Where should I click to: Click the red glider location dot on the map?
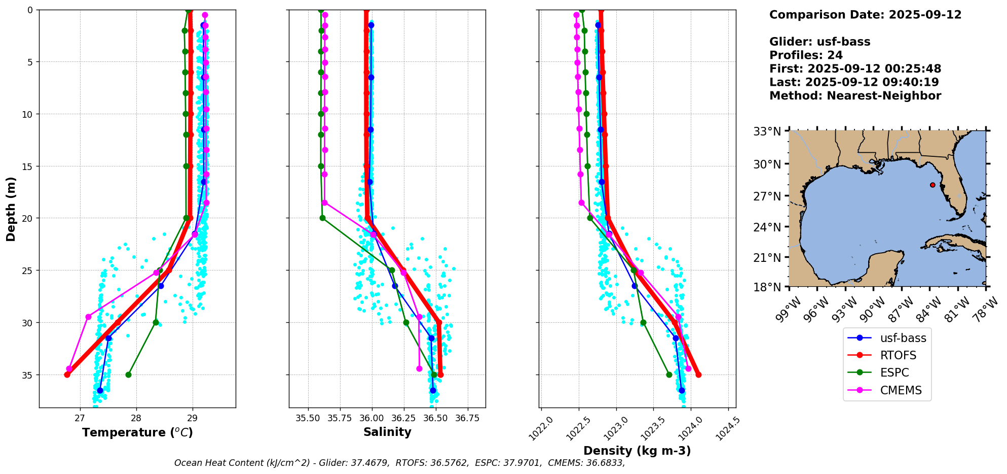pyautogui.click(x=933, y=185)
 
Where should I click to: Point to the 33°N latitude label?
pyautogui.click(x=767, y=132)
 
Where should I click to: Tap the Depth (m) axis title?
pyautogui.click(x=11, y=209)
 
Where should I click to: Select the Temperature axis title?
pyautogui.click(x=137, y=432)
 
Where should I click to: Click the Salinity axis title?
pyautogui.click(x=387, y=432)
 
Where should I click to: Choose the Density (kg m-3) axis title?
pyautogui.click(x=637, y=451)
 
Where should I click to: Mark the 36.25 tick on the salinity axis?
pyautogui.click(x=403, y=418)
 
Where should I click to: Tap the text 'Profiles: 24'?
pyautogui.click(x=806, y=55)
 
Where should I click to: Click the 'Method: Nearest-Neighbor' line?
pyautogui.click(x=855, y=96)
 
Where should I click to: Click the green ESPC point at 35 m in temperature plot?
pyautogui.click(x=128, y=375)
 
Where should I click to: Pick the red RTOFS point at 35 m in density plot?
pyautogui.click(x=698, y=375)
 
